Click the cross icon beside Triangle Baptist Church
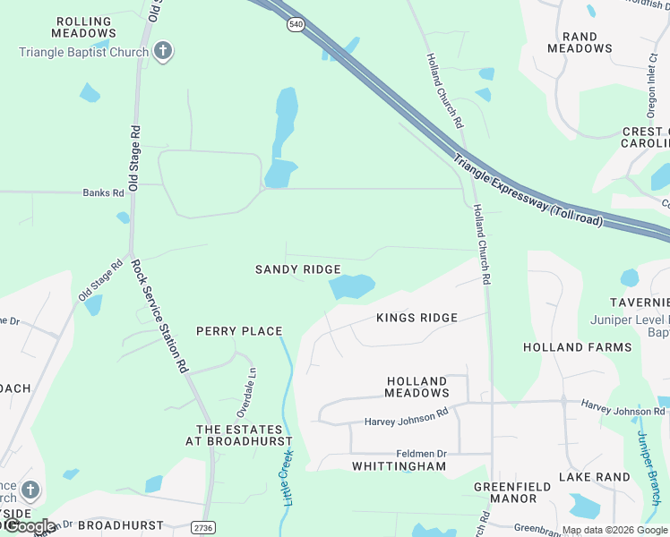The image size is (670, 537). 162,51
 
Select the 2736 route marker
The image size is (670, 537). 203,528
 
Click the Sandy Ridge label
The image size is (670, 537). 297,269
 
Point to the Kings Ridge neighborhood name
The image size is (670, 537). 417,318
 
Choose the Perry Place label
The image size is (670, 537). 239,331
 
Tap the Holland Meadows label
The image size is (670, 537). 417,387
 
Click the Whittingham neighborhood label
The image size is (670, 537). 399,466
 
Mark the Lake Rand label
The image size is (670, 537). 595,477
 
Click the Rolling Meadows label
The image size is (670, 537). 84,27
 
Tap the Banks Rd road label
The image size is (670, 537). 103,192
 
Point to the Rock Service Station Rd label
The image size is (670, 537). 160,315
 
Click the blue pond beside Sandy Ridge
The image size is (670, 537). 351,286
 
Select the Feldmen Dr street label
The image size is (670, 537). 421,455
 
